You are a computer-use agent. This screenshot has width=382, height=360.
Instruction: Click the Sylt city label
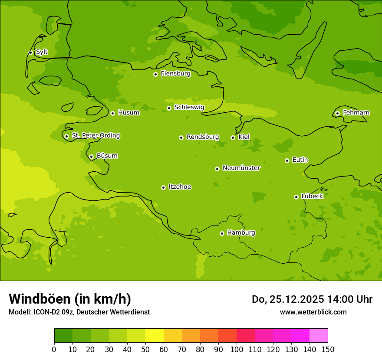coord(42,52)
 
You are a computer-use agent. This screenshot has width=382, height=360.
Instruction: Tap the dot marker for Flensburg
coord(155,74)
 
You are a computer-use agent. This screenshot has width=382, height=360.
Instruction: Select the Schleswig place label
coord(189,107)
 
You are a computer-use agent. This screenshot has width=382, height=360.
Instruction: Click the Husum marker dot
coord(112,113)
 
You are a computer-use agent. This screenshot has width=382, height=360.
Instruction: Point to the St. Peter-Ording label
coord(95,135)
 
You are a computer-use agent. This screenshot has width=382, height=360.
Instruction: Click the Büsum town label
coord(107,156)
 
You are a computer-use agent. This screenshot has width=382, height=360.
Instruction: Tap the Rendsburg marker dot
coord(181,137)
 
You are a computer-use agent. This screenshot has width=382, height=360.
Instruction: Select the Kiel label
coord(244,137)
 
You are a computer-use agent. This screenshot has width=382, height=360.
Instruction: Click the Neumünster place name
coord(241,168)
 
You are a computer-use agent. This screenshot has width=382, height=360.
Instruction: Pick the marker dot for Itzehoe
coord(163,187)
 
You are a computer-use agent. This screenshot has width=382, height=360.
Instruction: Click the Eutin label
coord(300,160)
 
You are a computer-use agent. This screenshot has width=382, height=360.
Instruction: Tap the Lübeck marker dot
coord(296,197)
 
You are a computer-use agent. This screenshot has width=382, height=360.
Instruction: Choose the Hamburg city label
coord(241,232)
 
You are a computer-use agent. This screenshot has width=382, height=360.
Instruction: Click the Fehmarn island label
coord(356,113)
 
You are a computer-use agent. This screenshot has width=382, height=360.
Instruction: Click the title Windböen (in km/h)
coord(70,299)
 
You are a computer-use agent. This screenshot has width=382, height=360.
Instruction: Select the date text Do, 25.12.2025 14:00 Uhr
coord(312,299)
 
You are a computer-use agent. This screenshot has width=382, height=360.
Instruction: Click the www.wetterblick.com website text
coord(313,312)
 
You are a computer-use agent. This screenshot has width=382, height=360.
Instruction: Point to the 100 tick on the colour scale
coord(237,349)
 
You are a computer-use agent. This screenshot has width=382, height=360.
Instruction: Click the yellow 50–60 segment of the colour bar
coord(154,336)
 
